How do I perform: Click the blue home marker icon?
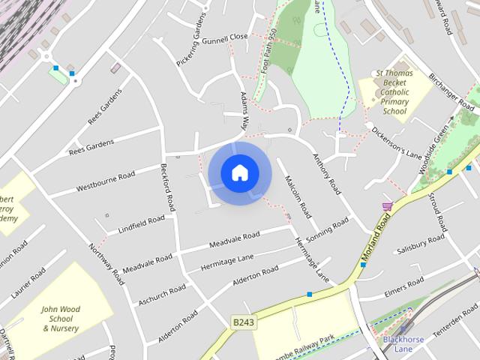[239, 172]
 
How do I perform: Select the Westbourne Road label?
[105, 181]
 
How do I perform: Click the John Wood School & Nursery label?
[61, 319]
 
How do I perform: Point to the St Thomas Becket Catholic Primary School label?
[394, 93]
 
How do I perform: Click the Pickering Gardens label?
[191, 49]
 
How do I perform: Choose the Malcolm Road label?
[292, 193]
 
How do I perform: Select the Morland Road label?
[377, 239]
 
